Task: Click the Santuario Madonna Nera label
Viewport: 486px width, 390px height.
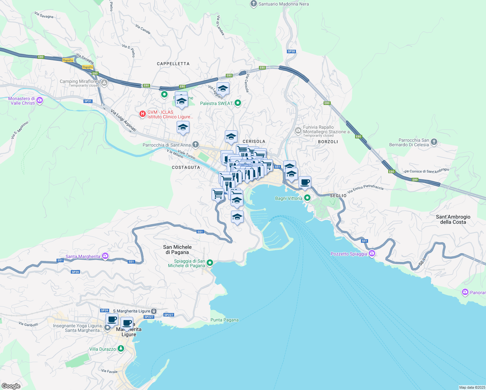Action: pyautogui.click(x=283, y=4)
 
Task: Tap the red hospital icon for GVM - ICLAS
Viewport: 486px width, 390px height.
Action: pyautogui.click(x=142, y=114)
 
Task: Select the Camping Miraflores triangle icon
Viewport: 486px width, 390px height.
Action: pyautogui.click(x=104, y=83)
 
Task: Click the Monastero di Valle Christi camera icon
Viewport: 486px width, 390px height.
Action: pyautogui.click(x=40, y=100)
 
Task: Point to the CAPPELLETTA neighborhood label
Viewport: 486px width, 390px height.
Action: pyautogui.click(x=173, y=64)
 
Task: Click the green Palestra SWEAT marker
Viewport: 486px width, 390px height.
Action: pyautogui.click(x=238, y=103)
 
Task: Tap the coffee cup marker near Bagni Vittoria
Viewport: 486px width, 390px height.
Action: pyautogui.click(x=305, y=183)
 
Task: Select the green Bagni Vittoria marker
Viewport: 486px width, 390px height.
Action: pyautogui.click(x=307, y=198)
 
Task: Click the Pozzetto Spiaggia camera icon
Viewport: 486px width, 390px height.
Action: pyautogui.click(x=372, y=253)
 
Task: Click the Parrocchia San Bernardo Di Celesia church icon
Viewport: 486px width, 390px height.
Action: pyautogui.click(x=434, y=142)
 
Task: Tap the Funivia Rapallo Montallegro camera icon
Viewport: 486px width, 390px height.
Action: pyautogui.click(x=298, y=131)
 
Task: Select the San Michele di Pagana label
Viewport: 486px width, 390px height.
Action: pyautogui.click(x=177, y=250)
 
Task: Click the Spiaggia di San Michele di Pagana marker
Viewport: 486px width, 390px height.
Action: pyautogui.click(x=210, y=263)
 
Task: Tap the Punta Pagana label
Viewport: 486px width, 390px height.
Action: pyautogui.click(x=224, y=320)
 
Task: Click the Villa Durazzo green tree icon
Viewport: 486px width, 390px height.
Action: pyautogui.click(x=121, y=349)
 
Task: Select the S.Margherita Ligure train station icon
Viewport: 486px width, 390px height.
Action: pyautogui.click(x=154, y=311)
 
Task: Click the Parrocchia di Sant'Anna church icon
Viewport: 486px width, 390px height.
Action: pyautogui.click(x=195, y=144)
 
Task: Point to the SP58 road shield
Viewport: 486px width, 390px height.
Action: pyautogui.click(x=291, y=51)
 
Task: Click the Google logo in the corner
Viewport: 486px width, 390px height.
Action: pyautogui.click(x=11, y=386)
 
